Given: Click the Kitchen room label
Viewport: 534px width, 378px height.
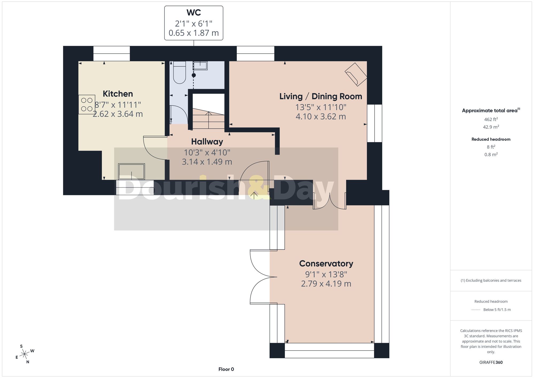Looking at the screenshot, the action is (x=118, y=94).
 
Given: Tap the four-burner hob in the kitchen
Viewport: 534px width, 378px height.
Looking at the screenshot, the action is (x=87, y=104).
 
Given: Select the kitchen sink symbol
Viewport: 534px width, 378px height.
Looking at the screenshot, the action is (x=131, y=172).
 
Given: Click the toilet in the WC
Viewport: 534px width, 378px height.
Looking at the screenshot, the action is (x=179, y=72).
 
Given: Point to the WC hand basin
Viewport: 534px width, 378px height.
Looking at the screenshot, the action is (x=200, y=65).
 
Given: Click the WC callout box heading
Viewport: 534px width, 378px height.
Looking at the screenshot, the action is (x=194, y=13).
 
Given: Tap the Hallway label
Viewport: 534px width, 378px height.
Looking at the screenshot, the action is (x=207, y=142).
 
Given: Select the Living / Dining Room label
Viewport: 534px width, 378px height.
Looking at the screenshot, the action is (x=321, y=96).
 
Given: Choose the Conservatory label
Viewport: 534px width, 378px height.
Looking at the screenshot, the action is (x=326, y=264).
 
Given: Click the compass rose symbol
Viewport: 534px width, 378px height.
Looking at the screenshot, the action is (x=25, y=354).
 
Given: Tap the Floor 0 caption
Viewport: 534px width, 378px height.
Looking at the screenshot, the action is (x=226, y=369).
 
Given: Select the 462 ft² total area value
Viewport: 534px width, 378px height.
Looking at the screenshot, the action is (x=491, y=119).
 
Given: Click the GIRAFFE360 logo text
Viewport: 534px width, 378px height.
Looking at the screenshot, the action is (x=491, y=363).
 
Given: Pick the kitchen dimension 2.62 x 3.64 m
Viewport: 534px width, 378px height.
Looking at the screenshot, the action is (x=118, y=114).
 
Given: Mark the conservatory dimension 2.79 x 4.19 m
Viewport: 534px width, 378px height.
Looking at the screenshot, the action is (x=326, y=284).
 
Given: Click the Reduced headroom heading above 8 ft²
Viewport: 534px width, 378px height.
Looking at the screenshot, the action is (x=491, y=139).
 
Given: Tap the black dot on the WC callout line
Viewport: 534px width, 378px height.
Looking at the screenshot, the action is (x=194, y=75).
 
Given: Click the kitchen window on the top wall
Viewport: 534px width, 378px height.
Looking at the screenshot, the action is (x=112, y=53).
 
